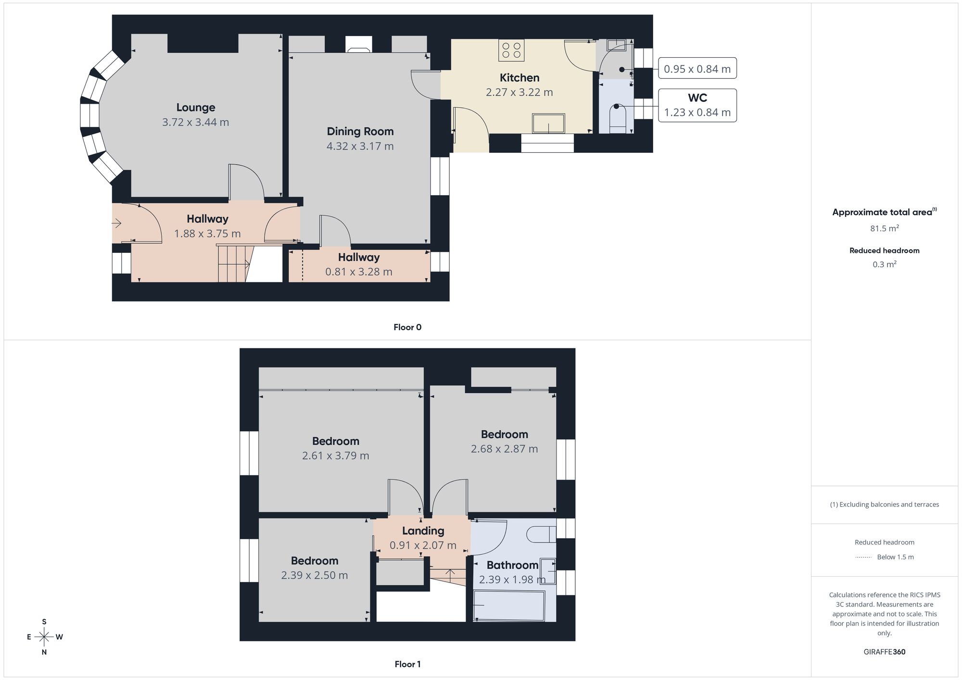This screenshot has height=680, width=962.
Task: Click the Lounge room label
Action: coord(195,108)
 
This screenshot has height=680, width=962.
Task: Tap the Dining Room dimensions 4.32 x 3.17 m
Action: coord(360,146)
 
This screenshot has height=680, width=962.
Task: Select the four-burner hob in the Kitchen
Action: coord(511,50)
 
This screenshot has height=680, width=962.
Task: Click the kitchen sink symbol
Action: coord(548,123)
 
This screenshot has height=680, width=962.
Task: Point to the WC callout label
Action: coord(697,98)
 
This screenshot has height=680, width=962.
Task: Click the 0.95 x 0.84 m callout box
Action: coord(697,69)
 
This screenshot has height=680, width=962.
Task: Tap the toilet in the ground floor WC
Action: coord(618,118)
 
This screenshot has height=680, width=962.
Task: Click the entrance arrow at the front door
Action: coord(117,223)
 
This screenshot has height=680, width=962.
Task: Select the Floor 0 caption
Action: coord(407,327)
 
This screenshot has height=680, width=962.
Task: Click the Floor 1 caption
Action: coord(407,664)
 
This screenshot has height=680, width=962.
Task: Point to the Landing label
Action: coord(423,531)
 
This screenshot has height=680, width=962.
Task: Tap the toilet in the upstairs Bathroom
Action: coord(542,534)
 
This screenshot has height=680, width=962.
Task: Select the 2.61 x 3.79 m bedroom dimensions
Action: coord(335,456)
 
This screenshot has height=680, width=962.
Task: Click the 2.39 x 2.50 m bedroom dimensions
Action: coord(314,575)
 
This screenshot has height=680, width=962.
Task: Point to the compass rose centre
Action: coord(44,637)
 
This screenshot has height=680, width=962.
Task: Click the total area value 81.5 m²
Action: coord(884,228)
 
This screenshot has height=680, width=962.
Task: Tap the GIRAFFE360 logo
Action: coord(884,652)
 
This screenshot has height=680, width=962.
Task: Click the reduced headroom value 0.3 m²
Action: coord(884,264)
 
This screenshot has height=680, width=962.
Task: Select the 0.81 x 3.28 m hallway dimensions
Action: coord(358,272)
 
